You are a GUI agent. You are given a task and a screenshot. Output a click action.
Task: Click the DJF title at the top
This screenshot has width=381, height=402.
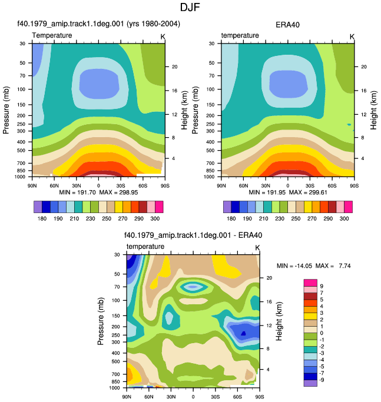click(190, 7)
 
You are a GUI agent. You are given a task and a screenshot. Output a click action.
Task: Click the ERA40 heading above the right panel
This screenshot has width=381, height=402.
click(287, 25)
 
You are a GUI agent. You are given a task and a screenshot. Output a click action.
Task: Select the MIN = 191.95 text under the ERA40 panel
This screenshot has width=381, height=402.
click(267, 192)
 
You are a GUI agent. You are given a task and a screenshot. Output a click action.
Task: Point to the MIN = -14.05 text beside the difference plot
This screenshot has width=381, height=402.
click(294, 265)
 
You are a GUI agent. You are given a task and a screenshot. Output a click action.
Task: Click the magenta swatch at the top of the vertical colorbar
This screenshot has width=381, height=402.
click(310, 283)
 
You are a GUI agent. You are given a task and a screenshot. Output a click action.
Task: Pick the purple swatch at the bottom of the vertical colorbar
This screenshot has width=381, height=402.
click(310, 383)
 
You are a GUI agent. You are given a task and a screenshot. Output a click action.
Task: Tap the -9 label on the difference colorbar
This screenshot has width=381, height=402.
click(321, 380)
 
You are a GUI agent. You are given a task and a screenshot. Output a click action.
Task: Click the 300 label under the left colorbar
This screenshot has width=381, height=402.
click(155, 218)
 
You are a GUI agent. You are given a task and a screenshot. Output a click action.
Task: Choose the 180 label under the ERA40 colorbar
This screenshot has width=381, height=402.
click(231, 218)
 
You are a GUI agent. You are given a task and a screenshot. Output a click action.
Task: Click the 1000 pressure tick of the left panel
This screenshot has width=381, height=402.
click(20, 177)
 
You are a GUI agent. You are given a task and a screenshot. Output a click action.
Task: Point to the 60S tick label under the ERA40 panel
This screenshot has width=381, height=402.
click(332, 185)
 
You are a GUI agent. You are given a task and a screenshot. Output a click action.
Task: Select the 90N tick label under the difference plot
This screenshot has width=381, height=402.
click(127, 397)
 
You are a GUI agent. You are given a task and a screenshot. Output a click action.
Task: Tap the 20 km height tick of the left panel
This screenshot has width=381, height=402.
click(174, 67)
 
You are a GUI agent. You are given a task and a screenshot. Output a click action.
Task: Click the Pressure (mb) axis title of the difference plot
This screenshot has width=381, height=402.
click(101, 321)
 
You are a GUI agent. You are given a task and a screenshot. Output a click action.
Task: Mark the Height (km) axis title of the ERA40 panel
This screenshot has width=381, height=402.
click(373, 110)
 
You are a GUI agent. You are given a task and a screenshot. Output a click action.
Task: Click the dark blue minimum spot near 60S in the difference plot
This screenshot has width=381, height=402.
click(243, 333)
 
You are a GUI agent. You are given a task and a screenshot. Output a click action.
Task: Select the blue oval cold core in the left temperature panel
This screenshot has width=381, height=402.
click(100, 84)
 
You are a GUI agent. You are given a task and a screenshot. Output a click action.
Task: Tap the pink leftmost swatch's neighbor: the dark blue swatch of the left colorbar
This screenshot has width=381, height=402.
click(46, 207)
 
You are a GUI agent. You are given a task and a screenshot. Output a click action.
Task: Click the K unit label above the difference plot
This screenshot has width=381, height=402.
click(257, 248)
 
